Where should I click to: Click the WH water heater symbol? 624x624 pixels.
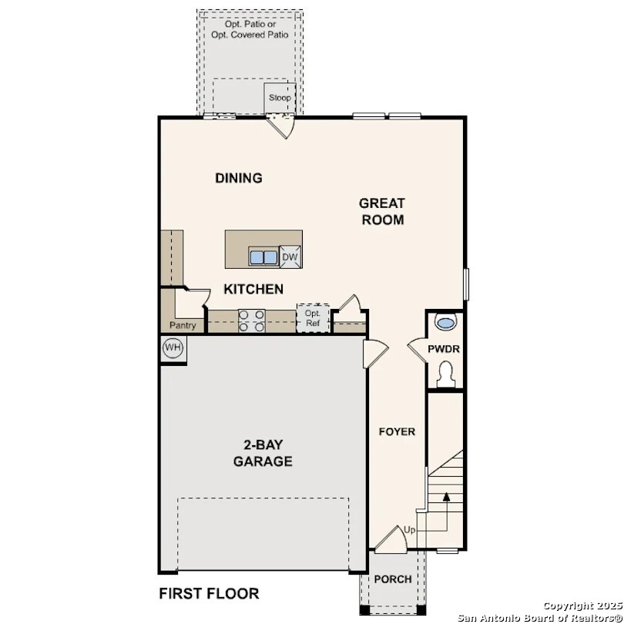(x=173, y=348)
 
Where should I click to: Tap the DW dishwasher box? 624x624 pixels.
(x=290, y=258)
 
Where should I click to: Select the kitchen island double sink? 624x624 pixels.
(x=263, y=257)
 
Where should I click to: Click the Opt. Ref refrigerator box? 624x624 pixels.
(x=313, y=318)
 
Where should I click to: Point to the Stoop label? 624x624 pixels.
(x=280, y=99)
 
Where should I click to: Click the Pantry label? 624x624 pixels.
(x=183, y=326)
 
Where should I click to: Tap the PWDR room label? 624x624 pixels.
(x=445, y=350)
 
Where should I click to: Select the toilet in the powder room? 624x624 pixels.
(x=446, y=375)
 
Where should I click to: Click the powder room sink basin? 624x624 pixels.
(x=446, y=320)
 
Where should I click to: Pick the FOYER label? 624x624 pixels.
(x=397, y=431)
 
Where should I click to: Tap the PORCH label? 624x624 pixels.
(x=393, y=579)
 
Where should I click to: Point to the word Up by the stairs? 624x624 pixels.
(x=411, y=531)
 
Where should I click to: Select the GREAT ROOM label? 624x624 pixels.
(x=382, y=211)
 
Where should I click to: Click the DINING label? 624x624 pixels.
(x=239, y=178)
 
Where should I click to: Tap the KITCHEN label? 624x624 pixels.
(x=253, y=290)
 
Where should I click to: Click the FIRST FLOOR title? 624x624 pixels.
(x=209, y=593)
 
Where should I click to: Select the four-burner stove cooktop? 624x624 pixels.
(x=251, y=320)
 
